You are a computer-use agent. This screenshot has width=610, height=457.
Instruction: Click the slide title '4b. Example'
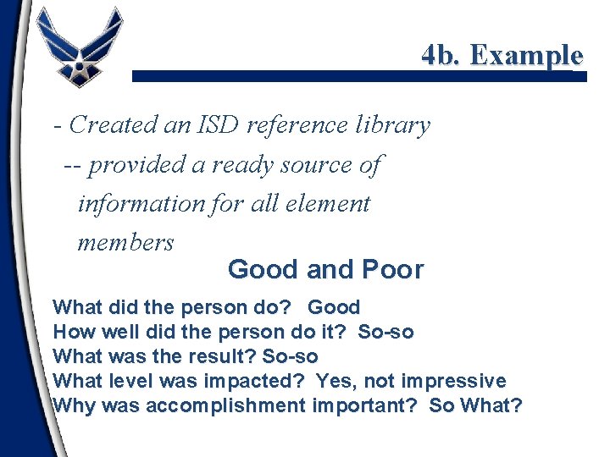502,55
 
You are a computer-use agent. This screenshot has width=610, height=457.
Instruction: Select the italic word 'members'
125,243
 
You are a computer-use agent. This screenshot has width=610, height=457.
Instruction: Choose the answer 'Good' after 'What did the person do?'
334,307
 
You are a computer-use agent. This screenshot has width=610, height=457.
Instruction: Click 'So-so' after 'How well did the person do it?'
385,332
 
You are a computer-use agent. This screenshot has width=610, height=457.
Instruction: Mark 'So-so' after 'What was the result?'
290,356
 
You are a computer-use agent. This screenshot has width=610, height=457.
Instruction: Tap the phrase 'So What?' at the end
475,405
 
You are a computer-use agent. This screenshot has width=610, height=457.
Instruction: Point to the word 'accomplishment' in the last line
225,405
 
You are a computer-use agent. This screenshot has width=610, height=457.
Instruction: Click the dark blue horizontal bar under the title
359,75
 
